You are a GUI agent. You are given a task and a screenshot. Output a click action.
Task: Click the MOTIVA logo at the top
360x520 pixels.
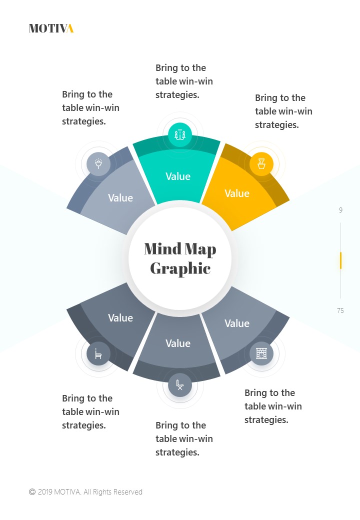(x=51, y=28)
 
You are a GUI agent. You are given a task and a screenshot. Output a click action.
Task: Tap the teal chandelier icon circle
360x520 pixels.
(x=179, y=134)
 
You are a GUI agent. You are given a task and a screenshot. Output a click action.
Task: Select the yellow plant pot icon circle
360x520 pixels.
(x=261, y=163)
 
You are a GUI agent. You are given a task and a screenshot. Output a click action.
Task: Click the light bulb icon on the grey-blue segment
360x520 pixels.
(x=98, y=163)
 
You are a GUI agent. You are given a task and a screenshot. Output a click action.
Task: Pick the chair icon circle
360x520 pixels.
(x=98, y=354)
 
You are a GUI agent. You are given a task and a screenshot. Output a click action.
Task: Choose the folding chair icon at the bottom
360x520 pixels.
(x=179, y=384)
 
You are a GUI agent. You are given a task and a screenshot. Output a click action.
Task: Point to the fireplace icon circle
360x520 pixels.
(x=261, y=353)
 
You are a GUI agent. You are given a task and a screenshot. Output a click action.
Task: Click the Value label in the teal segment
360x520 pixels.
(x=178, y=176)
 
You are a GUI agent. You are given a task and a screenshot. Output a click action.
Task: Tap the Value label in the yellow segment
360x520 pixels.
(x=237, y=193)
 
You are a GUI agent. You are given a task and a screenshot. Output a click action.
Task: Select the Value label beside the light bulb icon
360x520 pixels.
(x=120, y=198)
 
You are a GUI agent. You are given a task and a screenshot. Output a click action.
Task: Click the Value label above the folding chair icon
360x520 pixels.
(x=178, y=343)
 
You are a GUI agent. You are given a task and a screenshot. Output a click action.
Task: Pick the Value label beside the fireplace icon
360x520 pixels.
(x=237, y=323)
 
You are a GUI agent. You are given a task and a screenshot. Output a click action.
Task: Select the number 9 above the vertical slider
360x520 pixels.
(x=340, y=210)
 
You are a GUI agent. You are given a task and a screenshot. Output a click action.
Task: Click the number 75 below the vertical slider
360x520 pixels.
(x=340, y=310)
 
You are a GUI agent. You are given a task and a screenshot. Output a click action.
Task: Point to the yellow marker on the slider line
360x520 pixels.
(x=340, y=260)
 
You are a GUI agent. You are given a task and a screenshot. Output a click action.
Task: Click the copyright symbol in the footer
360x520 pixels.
(x=32, y=492)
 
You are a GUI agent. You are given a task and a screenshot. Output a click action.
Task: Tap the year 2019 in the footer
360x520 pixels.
(x=45, y=492)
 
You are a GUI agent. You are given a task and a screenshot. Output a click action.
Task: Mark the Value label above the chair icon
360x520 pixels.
(x=120, y=318)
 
